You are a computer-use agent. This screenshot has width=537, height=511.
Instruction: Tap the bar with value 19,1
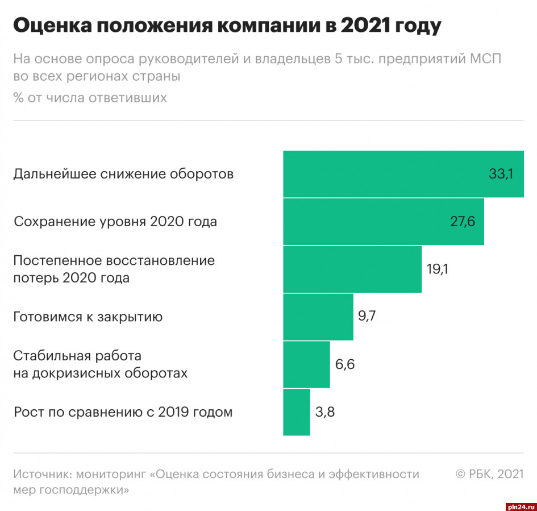[352, 269]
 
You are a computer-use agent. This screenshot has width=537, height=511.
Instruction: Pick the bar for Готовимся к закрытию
[318, 317]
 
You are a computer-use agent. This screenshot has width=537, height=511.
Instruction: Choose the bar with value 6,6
[306, 364]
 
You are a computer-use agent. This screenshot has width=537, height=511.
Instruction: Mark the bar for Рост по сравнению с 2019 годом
[297, 412]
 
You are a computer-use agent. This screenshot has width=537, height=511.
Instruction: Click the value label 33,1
[501, 174]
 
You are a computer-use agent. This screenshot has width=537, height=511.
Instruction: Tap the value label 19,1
[438, 269]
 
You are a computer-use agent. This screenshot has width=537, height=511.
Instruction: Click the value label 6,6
[345, 364]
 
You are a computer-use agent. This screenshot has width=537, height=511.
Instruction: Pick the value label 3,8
[325, 412]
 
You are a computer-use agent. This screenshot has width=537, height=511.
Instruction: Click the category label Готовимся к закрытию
[88, 317]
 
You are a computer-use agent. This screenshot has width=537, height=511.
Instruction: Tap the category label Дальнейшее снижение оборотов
[123, 174]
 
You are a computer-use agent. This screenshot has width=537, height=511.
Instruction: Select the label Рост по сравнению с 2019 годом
[123, 412]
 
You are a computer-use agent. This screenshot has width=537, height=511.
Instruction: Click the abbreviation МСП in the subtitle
[483, 59]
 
